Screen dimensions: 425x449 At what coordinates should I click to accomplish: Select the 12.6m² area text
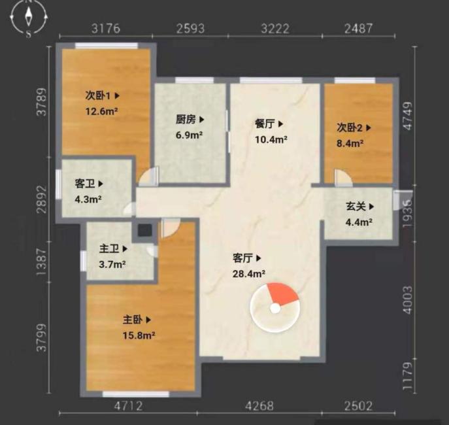pos(102,111)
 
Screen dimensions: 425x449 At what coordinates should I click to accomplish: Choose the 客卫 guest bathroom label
pos(89,184)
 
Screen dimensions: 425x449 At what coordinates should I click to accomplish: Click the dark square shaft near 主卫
pos(143,230)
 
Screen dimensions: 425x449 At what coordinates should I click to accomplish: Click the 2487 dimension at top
pos(357,28)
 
